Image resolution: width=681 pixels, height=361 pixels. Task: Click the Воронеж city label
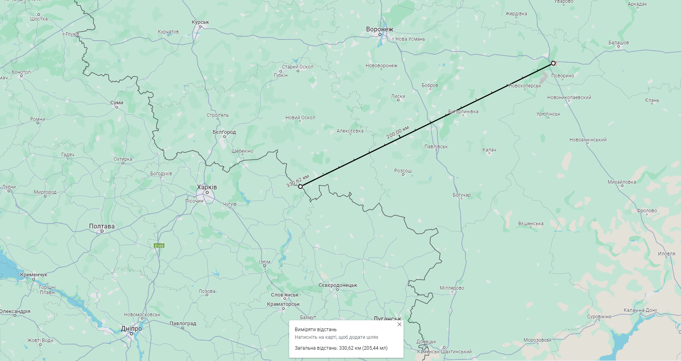379,29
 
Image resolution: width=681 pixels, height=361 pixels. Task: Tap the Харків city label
207,187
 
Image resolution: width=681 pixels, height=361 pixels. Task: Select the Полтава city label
102,226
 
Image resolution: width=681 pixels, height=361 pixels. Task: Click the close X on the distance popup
399,324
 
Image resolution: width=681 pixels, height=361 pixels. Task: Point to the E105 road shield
159,246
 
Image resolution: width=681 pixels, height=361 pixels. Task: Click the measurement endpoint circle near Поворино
553,63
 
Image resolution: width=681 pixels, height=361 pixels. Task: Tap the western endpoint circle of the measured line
300,186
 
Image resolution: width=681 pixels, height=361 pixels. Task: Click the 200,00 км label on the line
397,132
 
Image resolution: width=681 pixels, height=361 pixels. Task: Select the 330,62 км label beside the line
298,181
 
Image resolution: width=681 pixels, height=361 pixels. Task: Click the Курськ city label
200,23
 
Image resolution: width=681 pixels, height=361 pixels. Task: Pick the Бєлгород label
224,132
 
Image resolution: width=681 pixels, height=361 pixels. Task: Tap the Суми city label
117,103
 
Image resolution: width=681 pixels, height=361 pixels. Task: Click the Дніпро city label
131,329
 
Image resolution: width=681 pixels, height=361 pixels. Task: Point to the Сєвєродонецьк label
338,285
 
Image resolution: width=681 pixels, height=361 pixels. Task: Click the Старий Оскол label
298,67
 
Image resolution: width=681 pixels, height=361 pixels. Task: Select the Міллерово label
452,288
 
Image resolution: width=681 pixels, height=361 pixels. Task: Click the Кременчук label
34,275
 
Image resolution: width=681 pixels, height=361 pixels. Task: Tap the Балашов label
619,43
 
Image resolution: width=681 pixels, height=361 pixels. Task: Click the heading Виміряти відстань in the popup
316,330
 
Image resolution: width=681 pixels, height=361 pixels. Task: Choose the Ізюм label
265,262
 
